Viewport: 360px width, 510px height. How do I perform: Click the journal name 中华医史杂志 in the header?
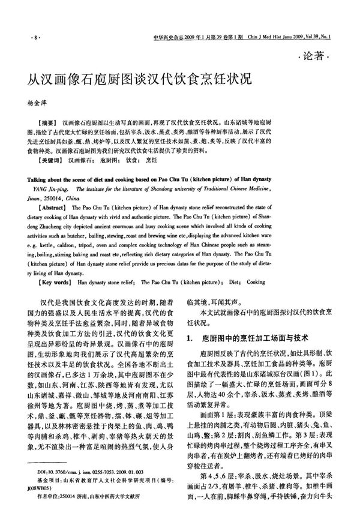pyautogui.click(x=169, y=37)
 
